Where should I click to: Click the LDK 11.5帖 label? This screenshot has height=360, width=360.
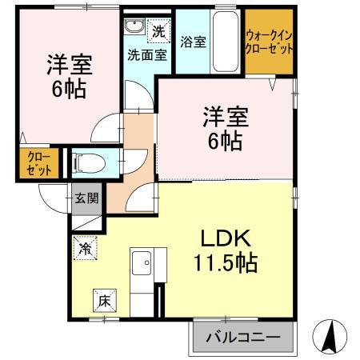pyautogui.click(x=225, y=250)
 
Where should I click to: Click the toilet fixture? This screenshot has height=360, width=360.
pyautogui.click(x=87, y=163)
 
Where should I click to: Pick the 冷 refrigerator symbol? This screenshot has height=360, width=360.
pyautogui.click(x=84, y=249)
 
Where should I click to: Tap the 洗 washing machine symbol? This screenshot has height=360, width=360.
pyautogui.click(x=158, y=33)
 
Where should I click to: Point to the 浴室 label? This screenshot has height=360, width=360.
pyautogui.click(x=193, y=42)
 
